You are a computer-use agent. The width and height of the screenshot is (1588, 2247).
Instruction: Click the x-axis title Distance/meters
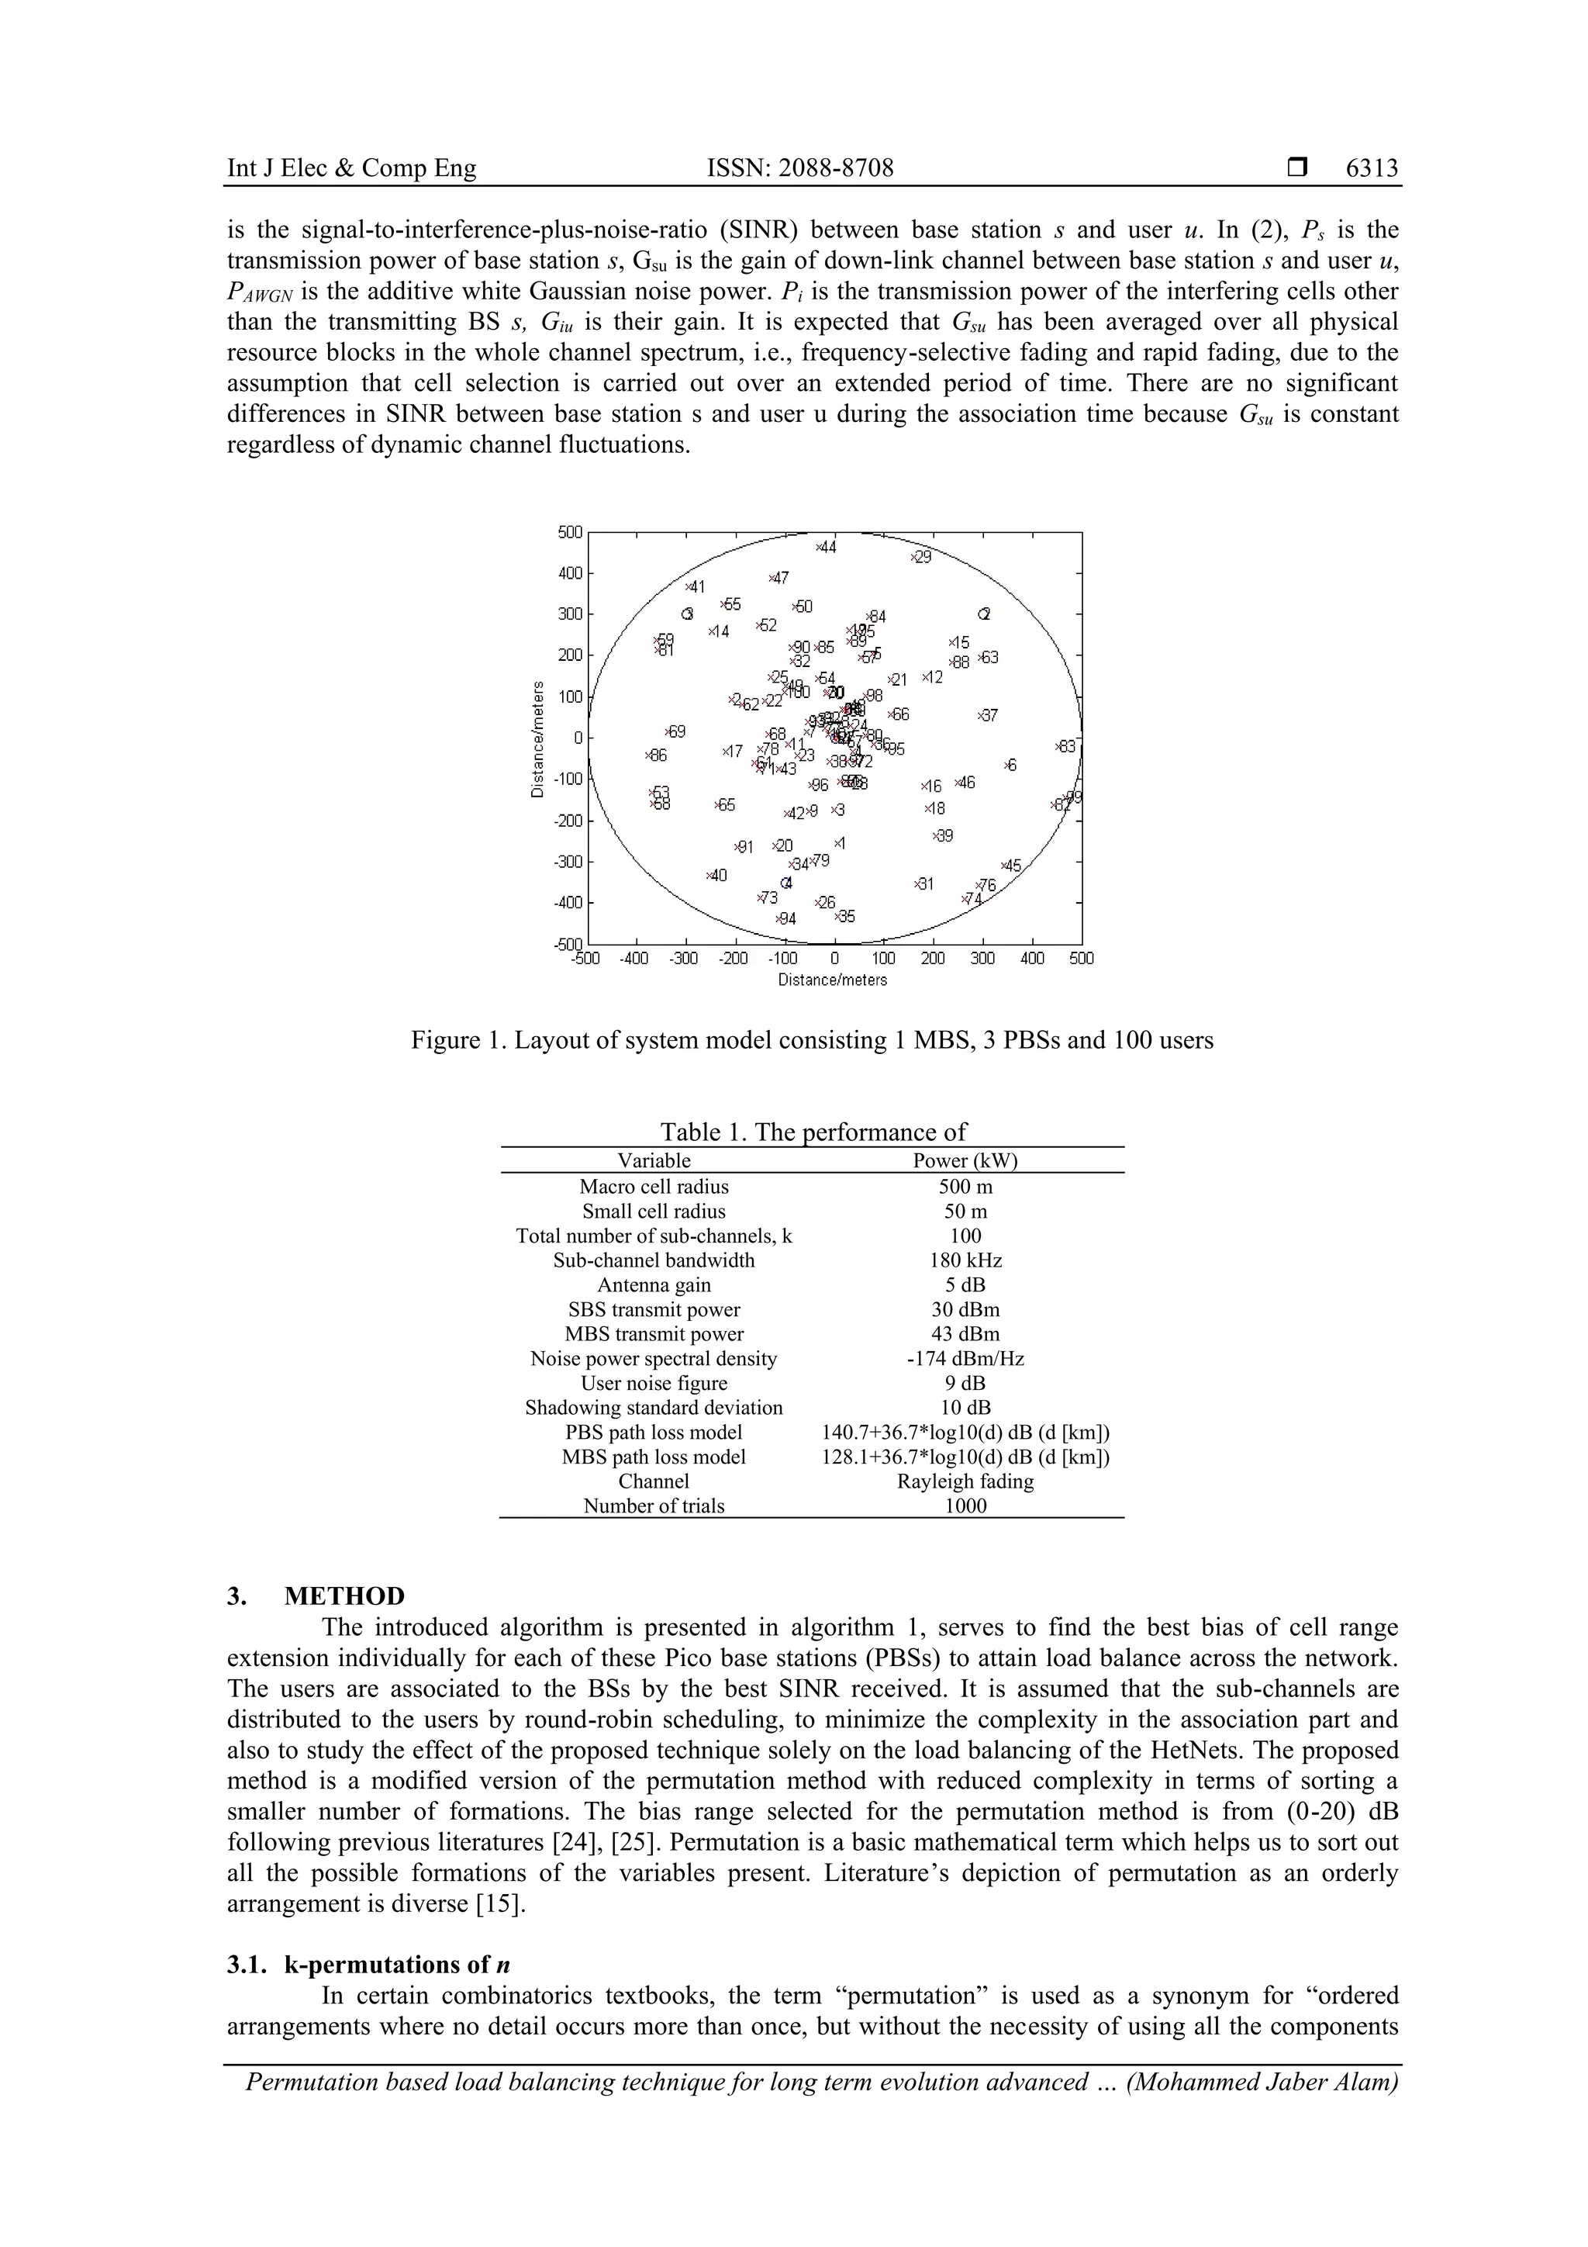coord(833,980)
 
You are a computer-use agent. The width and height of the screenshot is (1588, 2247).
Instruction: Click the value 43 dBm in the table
coord(965,1334)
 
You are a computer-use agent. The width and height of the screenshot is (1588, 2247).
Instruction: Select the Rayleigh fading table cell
coord(965,1481)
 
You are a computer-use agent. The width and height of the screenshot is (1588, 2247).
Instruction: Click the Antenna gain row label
coord(654,1285)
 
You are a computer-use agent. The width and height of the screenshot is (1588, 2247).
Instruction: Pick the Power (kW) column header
coord(965,1160)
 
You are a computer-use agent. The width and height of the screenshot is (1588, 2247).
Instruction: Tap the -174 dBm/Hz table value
coord(965,1358)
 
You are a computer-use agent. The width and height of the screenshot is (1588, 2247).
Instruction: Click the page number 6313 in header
coord(1372,168)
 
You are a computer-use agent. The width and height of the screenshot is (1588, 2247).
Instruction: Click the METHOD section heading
coord(343,1596)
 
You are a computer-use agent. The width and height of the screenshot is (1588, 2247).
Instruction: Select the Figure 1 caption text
coord(812,1039)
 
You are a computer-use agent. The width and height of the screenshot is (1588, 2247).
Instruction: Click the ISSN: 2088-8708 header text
coord(800,168)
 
